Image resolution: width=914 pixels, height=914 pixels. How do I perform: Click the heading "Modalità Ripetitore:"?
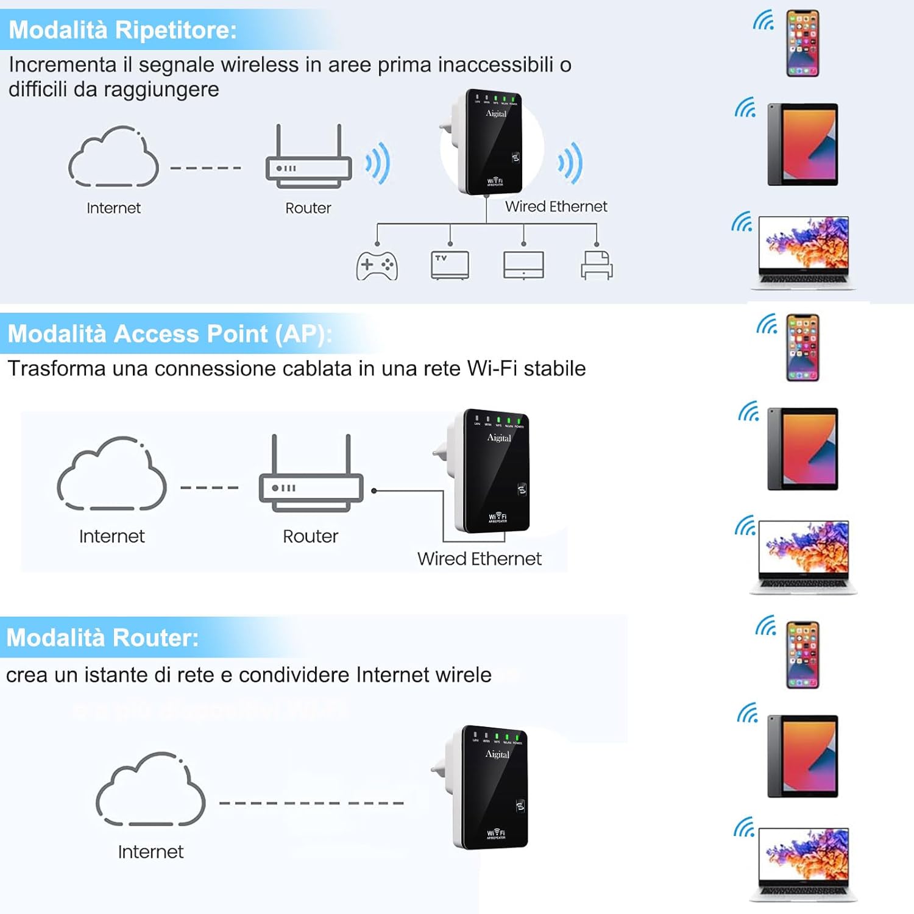coord(122,30)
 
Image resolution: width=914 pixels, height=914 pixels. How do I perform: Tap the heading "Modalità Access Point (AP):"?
coord(169,334)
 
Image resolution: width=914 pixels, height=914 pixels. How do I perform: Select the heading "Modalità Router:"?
coord(102,638)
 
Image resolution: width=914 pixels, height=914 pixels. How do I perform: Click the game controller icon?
coord(377,266)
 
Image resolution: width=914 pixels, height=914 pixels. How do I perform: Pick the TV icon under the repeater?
coord(450,265)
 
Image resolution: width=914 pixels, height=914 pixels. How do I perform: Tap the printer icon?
coord(597,266)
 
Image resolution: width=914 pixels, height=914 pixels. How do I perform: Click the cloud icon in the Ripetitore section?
coord(113,158)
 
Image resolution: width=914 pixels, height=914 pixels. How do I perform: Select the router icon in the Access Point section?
coord(311,475)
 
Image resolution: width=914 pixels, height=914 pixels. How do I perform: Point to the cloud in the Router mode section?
coord(151,790)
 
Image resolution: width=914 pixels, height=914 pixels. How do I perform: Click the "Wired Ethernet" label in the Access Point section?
coord(479,559)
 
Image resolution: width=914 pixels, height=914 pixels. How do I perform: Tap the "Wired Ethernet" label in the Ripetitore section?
coord(556,207)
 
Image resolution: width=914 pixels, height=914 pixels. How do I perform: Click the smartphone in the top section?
coord(802,43)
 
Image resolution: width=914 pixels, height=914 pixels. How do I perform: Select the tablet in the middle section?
coord(803,449)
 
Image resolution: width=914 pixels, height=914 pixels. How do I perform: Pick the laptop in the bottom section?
coord(803,864)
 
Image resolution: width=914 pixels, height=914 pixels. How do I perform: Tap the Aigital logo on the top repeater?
coord(496,114)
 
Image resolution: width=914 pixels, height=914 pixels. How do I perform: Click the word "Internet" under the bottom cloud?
coord(151,852)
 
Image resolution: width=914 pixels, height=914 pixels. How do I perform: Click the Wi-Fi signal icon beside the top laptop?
coord(742,222)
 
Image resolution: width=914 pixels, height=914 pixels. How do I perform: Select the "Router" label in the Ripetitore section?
coord(308,208)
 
